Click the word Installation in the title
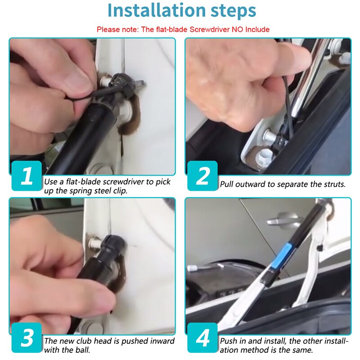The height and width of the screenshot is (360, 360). click(156, 10)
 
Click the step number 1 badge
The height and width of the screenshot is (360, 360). click(27, 175)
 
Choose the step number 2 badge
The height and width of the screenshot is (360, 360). click(202, 175)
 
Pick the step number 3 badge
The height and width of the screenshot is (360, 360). click(27, 337)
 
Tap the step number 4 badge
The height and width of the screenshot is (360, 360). click(202, 337)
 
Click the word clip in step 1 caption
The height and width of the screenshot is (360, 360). click(120, 191)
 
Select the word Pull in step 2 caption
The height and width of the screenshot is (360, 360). click(227, 184)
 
